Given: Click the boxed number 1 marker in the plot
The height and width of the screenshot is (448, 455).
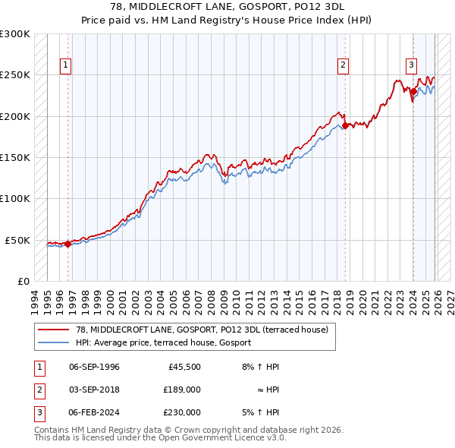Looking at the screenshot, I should coord(67,65).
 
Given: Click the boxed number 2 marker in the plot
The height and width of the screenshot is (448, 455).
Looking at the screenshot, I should coord(343,65).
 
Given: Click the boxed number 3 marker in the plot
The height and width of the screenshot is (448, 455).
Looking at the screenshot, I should coord(411,65).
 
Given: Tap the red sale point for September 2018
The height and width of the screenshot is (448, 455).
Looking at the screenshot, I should coord(345,125).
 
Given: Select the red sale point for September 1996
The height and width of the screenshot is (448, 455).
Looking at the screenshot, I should coord(67,244).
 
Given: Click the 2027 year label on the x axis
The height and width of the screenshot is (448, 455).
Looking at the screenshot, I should coord(450,301).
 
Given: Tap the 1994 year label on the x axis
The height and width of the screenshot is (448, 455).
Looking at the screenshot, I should coord(34,301).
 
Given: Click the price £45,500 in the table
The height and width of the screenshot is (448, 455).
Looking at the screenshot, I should coord(182,367).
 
